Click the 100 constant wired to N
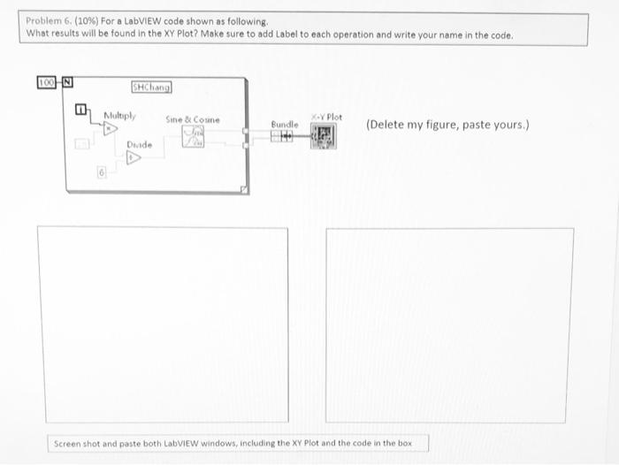[44, 82]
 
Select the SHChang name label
[151, 87]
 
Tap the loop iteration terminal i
[80, 110]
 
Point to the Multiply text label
[119, 115]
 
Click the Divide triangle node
[134, 157]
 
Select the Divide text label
[139, 144]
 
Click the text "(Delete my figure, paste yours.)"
[447, 125]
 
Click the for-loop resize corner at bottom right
[246, 188]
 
